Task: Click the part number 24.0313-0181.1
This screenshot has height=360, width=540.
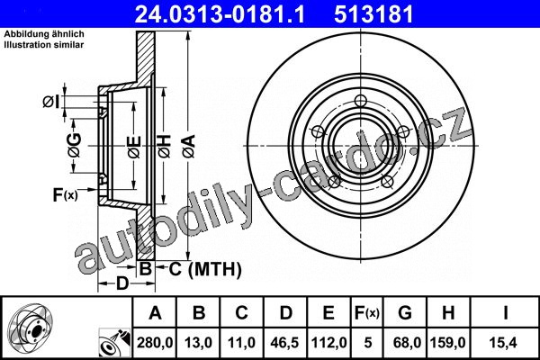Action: pyautogui.click(x=220, y=14)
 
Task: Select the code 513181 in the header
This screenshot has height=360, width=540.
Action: pyautogui.click(x=373, y=14)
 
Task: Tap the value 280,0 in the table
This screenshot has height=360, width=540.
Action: pyautogui.click(x=155, y=343)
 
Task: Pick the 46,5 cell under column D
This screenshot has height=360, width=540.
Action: pyautogui.click(x=284, y=343)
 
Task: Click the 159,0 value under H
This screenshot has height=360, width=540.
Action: pyautogui.click(x=447, y=343)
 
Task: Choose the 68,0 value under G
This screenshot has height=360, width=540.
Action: pyautogui.click(x=404, y=343)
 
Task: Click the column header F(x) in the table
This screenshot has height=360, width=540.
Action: pyautogui.click(x=367, y=313)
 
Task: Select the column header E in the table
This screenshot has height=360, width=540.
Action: pyautogui.click(x=328, y=313)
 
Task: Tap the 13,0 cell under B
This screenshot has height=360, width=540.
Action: pyautogui.click(x=198, y=343)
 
